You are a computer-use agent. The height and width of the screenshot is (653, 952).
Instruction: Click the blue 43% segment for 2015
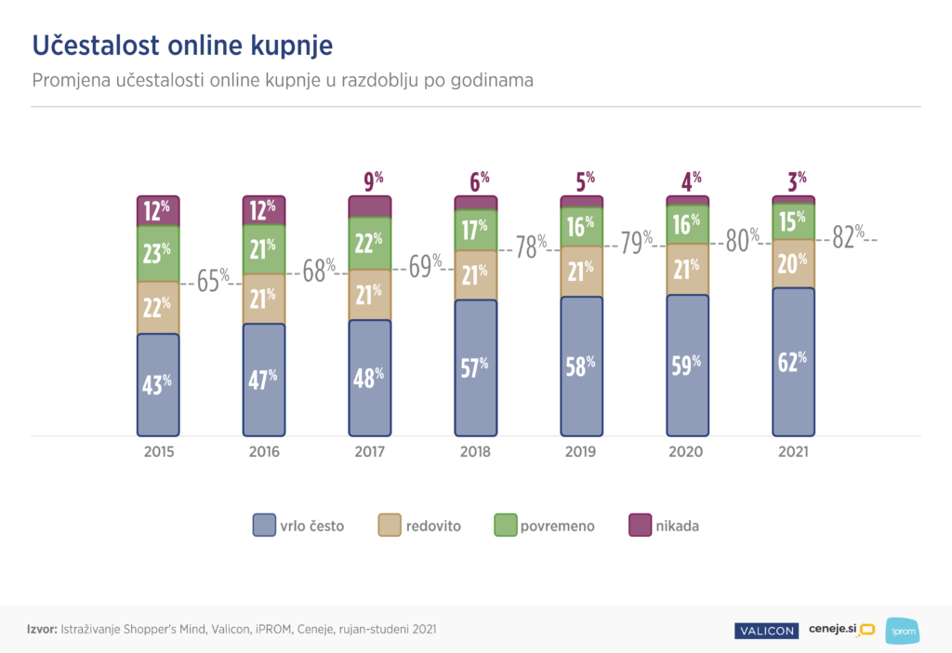pyautogui.click(x=158, y=384)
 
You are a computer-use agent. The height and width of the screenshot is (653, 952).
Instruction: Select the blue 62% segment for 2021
pyautogui.click(x=793, y=362)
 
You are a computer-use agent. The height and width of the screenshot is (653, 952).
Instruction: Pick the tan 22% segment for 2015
pyautogui.click(x=158, y=307)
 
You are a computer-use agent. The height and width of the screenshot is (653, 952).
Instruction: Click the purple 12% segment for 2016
pyautogui.click(x=264, y=211)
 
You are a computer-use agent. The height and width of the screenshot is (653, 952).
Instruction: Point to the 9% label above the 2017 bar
pyautogui.click(x=370, y=180)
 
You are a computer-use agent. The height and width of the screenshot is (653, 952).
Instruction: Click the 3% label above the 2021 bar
pyautogui.click(x=793, y=180)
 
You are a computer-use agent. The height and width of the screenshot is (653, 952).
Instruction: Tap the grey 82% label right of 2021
pyautogui.click(x=847, y=238)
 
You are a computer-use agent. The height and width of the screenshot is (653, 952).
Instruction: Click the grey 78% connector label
pyautogui.click(x=530, y=248)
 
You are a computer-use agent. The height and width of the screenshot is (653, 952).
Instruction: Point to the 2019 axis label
pyautogui.click(x=581, y=452)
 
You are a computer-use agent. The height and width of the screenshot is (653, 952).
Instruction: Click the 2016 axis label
pyautogui.click(x=264, y=452)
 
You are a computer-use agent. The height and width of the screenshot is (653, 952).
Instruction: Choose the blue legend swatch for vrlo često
pyautogui.click(x=263, y=526)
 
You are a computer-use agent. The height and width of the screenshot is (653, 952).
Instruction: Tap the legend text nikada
pyautogui.click(x=677, y=526)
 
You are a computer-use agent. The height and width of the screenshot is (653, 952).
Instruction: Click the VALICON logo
pyautogui.click(x=765, y=631)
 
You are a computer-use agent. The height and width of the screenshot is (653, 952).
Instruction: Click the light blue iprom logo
pyautogui.click(x=901, y=630)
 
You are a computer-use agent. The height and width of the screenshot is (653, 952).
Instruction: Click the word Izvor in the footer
pyautogui.click(x=42, y=630)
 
